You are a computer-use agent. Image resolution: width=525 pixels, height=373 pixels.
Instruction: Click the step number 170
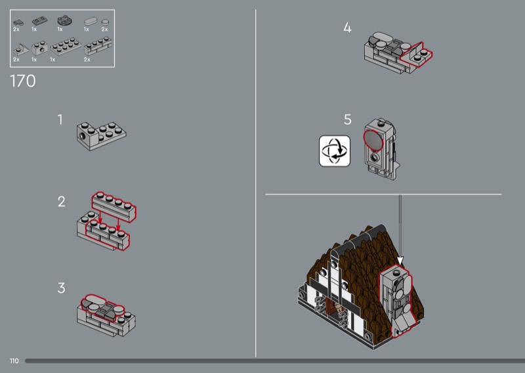tap(23, 81)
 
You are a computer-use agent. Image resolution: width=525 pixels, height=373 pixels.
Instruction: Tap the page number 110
tap(14, 361)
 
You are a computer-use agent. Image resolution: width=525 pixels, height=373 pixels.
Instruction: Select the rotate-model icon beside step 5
tap(335, 151)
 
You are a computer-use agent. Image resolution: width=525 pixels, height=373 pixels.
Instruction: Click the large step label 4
tap(348, 28)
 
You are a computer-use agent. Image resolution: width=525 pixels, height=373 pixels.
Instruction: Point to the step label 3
tap(61, 288)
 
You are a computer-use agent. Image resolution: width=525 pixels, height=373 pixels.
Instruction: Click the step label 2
tap(61, 202)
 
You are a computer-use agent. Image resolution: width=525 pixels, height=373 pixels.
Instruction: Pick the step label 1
tap(60, 120)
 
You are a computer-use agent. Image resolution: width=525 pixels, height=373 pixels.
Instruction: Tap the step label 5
tap(348, 120)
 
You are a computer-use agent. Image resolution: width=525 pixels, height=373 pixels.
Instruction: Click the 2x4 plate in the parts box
tap(66, 47)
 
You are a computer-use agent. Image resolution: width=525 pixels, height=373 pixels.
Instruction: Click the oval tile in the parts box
tap(90, 22)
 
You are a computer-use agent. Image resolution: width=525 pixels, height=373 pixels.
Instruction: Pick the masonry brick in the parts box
tap(98, 46)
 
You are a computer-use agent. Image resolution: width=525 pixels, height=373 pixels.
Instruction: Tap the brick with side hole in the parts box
tap(39, 48)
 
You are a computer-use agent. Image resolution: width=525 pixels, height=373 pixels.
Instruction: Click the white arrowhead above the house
tap(400, 261)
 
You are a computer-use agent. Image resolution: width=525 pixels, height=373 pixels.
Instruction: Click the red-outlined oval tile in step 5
tap(373, 140)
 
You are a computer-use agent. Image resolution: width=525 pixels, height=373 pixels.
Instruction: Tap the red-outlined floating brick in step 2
tap(114, 207)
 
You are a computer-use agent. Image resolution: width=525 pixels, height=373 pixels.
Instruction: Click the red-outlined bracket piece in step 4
tap(417, 55)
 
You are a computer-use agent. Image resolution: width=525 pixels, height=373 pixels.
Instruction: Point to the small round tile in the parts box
tap(105, 22)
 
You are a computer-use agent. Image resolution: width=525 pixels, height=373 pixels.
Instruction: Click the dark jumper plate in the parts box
tap(39, 21)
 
